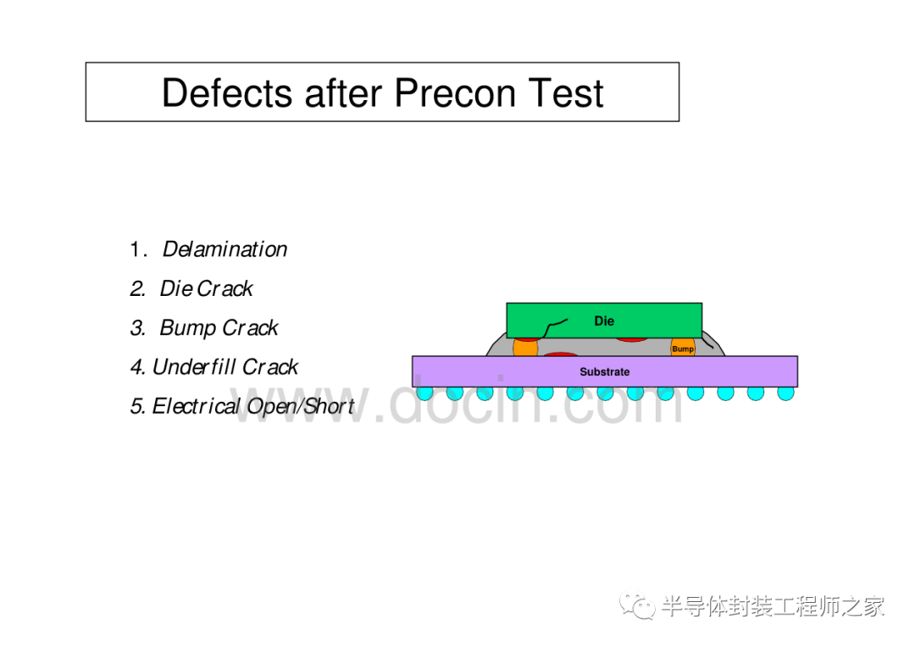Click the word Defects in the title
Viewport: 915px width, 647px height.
227,92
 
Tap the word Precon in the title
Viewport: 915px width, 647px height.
455,92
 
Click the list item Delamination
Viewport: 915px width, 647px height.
225,249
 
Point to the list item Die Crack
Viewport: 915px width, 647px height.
206,288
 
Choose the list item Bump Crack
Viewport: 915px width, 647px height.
219,328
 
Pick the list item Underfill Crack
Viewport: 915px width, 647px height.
225,367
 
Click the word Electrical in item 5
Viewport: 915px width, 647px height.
196,406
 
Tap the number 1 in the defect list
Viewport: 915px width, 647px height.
136,249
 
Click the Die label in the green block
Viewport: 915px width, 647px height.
604,321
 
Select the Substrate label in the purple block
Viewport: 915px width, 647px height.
605,372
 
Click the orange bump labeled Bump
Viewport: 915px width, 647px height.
683,347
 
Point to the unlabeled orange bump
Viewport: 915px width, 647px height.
525,348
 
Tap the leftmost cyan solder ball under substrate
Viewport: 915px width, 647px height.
424,393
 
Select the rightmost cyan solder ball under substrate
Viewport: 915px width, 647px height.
785,393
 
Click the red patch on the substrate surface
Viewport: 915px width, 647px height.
560,354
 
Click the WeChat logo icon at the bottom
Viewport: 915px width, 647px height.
637,606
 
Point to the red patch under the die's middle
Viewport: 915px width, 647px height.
632,338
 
